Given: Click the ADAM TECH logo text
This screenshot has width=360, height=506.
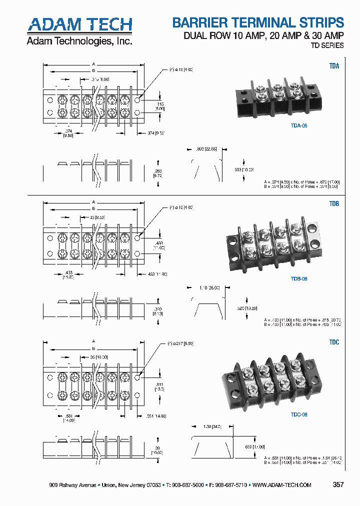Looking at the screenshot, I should [79, 24].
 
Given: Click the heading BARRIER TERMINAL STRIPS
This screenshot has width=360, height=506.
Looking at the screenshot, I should [258, 22].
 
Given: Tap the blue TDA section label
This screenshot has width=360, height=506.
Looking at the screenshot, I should [334, 66].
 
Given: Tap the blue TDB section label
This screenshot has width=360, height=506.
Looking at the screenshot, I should [334, 204].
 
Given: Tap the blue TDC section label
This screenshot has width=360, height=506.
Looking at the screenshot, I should [334, 342].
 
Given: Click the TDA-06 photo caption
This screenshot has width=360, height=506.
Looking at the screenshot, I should [298, 126].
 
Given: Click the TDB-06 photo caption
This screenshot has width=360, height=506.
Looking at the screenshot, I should [298, 278].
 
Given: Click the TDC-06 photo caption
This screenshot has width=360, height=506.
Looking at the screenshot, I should [298, 414].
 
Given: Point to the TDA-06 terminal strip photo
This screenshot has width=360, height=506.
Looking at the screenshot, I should [278, 95].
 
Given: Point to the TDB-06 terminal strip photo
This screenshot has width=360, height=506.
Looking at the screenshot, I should [272, 242].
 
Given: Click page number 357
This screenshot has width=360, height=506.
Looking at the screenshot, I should [338, 485].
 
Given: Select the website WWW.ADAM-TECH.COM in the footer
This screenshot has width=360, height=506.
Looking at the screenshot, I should [282, 485].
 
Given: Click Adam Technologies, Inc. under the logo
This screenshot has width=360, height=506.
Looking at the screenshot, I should [79, 41].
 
